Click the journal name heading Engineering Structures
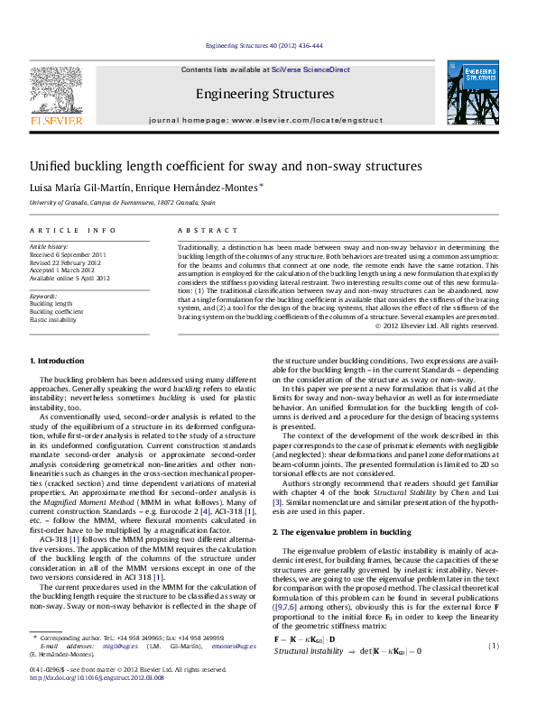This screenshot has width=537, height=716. pos(264,94)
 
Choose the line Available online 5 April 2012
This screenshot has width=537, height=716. pos(69,279)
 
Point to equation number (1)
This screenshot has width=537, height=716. pos(494,646)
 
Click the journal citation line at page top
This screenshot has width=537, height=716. pos(264,45)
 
